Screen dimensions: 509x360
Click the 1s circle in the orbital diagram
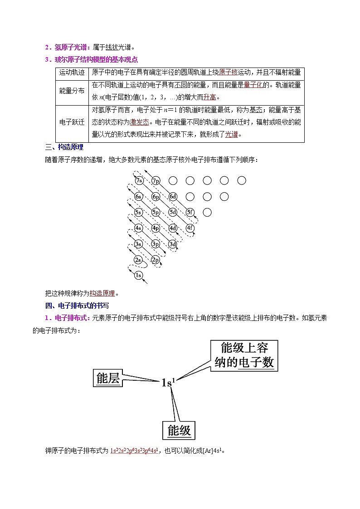click(x=139, y=275)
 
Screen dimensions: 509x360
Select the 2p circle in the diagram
click(x=156, y=260)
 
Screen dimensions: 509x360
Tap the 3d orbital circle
click(x=173, y=244)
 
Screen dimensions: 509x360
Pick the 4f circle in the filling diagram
click(x=190, y=228)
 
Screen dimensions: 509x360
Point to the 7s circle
click(x=139, y=181)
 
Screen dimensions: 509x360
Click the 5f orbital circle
click(x=190, y=212)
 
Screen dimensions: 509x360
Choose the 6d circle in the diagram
click(x=173, y=197)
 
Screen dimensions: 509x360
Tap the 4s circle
click(x=139, y=228)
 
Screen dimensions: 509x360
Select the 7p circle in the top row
click(x=156, y=181)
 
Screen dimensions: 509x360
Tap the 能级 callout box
click(x=179, y=430)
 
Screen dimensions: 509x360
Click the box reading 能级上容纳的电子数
click(x=244, y=355)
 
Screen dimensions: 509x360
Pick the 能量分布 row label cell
click(x=72, y=91)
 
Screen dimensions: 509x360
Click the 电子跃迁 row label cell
click(x=72, y=122)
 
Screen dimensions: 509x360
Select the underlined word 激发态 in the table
click(x=139, y=122)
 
